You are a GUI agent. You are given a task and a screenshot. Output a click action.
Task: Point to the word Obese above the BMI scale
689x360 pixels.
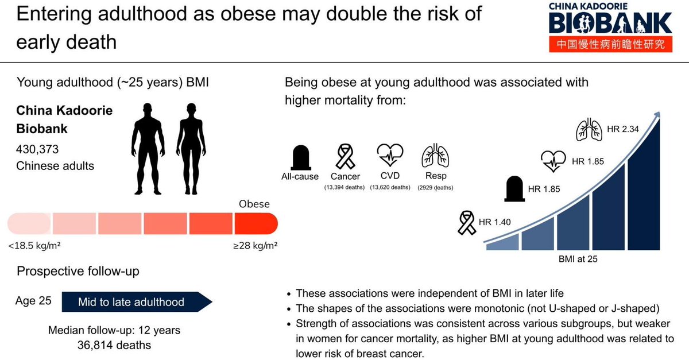(254, 204)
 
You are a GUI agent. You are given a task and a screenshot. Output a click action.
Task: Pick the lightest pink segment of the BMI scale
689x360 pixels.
(29, 222)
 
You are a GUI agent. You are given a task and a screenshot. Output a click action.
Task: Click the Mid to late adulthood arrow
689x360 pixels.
(136, 302)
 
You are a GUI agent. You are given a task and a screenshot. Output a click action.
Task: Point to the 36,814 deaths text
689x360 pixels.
(114, 345)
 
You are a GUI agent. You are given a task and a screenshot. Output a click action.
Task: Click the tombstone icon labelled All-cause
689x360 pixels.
(300, 156)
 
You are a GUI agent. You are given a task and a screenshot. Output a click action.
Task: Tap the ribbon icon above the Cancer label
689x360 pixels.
(344, 156)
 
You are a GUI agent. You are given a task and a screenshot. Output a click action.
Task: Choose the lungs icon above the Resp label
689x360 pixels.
(435, 156)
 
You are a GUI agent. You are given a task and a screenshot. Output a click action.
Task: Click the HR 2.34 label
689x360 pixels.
(622, 129)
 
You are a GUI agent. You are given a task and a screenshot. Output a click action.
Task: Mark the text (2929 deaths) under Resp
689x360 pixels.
(436, 188)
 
